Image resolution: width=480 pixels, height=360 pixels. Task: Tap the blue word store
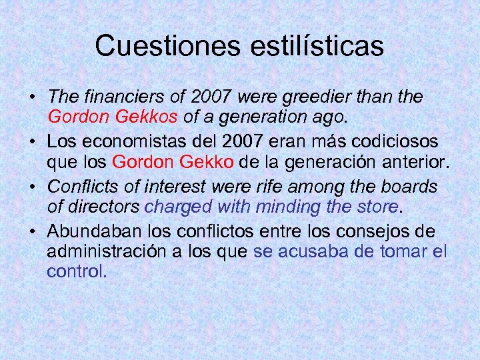point(377,207)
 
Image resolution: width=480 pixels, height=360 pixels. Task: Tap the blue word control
point(77,272)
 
